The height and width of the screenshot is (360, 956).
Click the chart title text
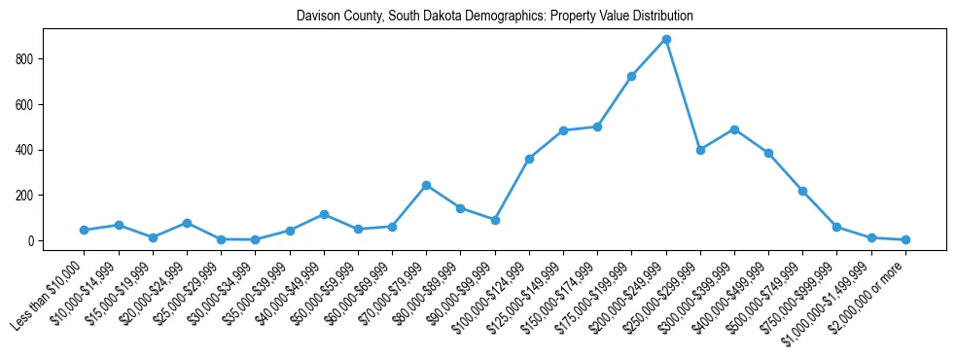tap(495, 17)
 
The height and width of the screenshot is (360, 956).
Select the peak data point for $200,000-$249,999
tap(666, 39)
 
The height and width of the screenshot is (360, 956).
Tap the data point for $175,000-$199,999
tap(632, 76)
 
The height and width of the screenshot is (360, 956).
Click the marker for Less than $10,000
tap(84, 230)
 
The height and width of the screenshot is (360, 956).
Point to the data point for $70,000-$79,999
tap(426, 185)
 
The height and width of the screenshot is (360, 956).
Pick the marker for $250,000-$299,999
tap(700, 150)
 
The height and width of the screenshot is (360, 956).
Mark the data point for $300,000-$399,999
tap(734, 129)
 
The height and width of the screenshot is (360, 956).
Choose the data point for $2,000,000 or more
tap(905, 239)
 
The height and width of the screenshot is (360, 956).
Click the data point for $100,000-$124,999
tap(529, 159)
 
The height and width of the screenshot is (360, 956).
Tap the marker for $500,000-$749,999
tap(803, 191)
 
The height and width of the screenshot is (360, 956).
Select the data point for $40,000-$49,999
tap(324, 214)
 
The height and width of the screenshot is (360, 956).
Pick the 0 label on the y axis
tap(30, 240)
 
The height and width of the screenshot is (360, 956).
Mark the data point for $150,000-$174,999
tap(597, 126)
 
